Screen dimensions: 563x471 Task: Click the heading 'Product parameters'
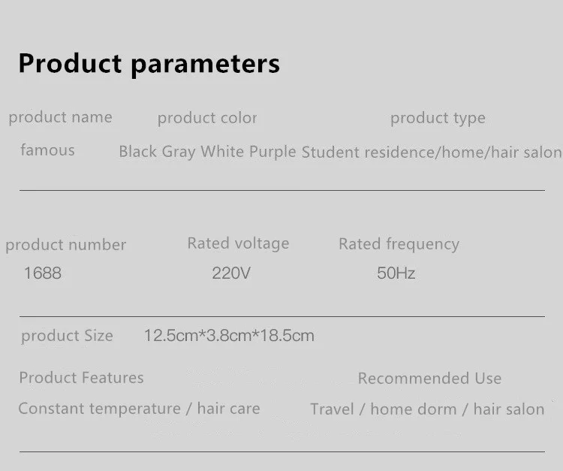pos(149,64)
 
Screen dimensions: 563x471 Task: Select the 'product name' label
pos(60,117)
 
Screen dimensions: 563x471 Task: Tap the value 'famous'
pos(48,149)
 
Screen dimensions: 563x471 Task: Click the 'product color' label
pos(207,118)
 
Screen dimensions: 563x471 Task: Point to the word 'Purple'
pos(273,152)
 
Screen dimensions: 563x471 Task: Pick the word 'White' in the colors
pos(223,151)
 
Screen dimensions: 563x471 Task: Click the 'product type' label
pos(438,118)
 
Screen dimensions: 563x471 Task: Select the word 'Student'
pos(330,152)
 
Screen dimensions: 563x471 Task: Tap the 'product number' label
pos(66,245)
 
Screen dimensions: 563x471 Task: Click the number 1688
pos(43,273)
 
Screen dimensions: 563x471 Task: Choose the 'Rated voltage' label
pos(238,243)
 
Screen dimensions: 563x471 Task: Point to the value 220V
pos(231,273)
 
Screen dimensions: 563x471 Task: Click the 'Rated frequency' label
pos(399,244)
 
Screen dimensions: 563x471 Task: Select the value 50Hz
pos(396,273)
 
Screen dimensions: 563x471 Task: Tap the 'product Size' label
pos(67,336)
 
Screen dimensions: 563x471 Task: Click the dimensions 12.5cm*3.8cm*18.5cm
pos(229,336)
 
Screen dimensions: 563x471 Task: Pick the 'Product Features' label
pos(82,378)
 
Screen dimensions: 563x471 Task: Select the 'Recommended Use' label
pos(429,379)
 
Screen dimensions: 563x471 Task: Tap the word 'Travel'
pos(332,409)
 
